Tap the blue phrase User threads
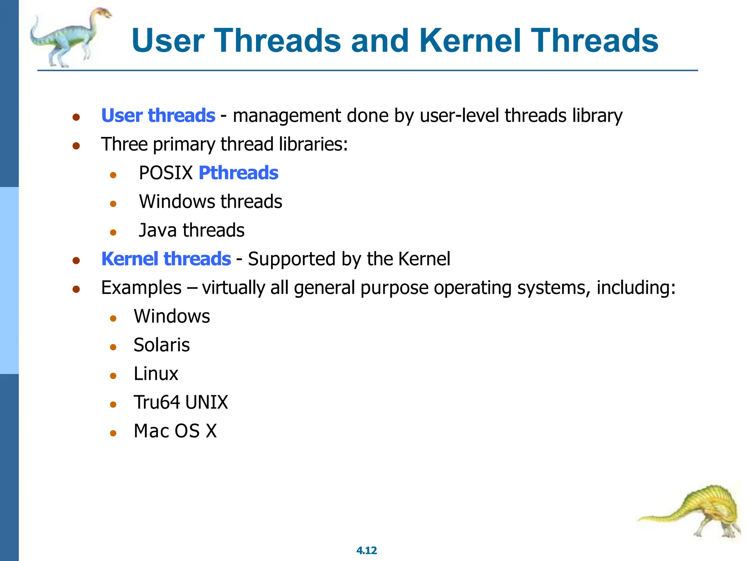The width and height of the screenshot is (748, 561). click(158, 115)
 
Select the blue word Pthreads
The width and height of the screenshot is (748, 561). click(238, 173)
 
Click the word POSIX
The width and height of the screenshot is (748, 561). click(166, 173)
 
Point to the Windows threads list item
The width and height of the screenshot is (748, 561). click(210, 202)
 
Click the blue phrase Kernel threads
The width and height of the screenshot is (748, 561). click(166, 259)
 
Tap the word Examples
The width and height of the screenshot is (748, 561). click(141, 288)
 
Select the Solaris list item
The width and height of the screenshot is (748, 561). click(161, 345)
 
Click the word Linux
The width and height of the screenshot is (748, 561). click(156, 374)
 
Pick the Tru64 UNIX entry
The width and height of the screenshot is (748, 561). click(181, 402)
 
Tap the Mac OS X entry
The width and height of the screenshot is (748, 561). click(175, 431)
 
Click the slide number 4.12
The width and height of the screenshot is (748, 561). click(366, 550)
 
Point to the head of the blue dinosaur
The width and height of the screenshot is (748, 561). click(102, 13)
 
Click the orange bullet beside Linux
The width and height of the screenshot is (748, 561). click(113, 376)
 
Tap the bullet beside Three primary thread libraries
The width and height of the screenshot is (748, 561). click(76, 146)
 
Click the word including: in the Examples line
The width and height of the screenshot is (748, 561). click(636, 288)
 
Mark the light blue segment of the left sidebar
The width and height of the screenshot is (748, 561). click(9, 280)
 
